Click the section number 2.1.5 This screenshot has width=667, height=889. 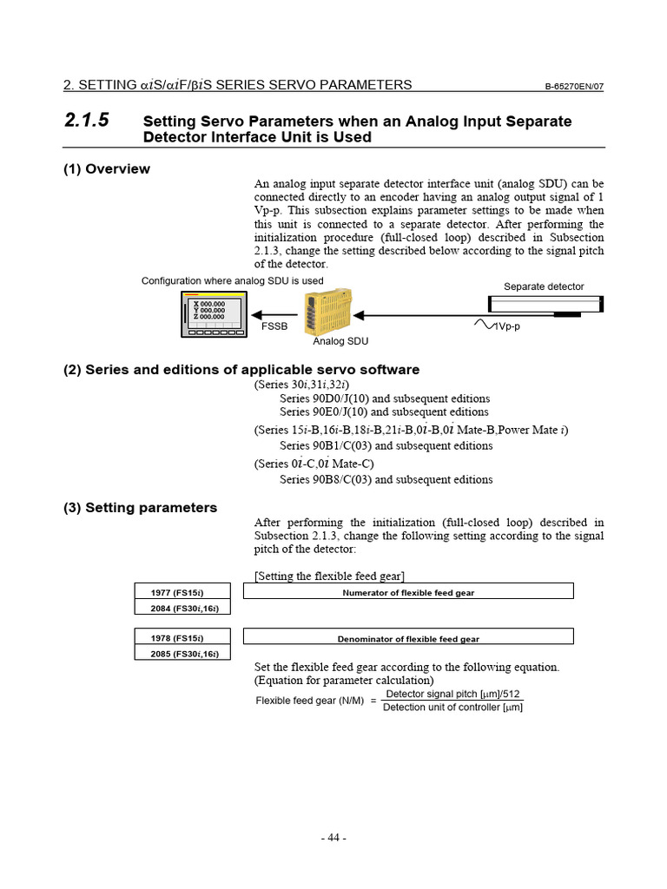[87, 121]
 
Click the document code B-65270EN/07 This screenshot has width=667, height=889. [574, 86]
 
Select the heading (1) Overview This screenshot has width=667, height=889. [106, 168]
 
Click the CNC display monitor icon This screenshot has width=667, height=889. [215, 314]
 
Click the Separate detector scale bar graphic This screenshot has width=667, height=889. [545, 305]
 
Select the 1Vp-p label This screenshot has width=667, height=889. [509, 327]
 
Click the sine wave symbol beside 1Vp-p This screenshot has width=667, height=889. [483, 325]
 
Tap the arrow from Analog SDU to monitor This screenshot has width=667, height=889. [278, 315]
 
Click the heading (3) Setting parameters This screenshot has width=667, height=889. [140, 507]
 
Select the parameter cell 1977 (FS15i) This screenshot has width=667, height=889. [182, 592]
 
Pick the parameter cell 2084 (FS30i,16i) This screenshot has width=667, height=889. [182, 608]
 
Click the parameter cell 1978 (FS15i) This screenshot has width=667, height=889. [182, 638]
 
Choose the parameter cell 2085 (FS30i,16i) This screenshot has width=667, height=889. [182, 654]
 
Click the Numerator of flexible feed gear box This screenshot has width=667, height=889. [408, 592]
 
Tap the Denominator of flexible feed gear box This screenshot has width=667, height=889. [408, 638]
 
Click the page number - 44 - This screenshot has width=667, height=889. [333, 838]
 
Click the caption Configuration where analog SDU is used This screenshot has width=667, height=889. [233, 280]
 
